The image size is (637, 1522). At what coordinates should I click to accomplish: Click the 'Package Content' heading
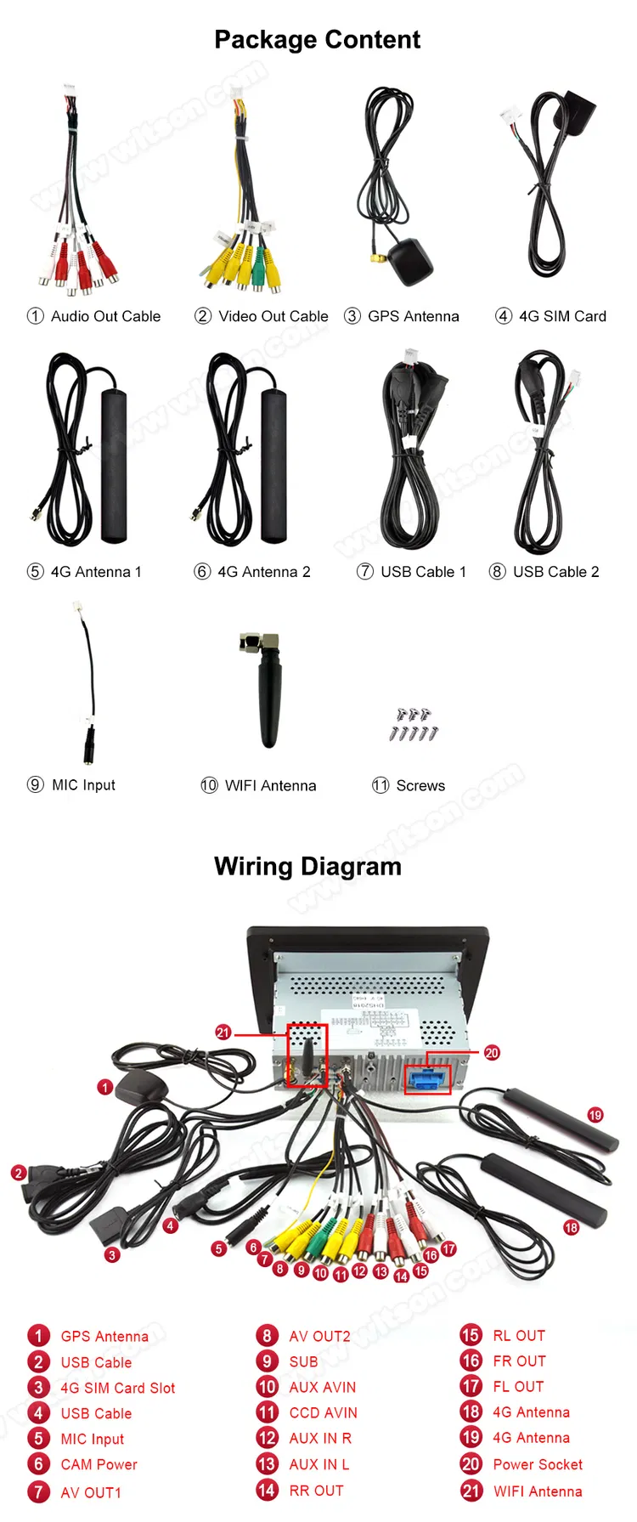[317, 40]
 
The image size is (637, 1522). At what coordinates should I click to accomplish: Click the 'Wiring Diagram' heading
[307, 866]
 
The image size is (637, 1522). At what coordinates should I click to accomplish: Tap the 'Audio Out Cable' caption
[105, 316]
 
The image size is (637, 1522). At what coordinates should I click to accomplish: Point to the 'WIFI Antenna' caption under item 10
[270, 786]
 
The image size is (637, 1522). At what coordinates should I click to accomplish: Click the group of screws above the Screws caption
[414, 723]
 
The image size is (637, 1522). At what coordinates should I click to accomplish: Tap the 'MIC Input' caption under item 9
[83, 785]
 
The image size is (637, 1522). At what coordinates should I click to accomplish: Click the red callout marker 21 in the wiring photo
[223, 1033]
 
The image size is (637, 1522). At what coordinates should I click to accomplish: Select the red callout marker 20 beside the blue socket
[492, 1052]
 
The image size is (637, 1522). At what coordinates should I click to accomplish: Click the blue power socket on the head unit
[427, 1080]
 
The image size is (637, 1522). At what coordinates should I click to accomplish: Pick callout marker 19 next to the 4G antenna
[595, 1115]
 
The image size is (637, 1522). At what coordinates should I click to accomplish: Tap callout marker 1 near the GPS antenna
[105, 1087]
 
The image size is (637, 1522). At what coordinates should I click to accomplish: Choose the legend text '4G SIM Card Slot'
[118, 1388]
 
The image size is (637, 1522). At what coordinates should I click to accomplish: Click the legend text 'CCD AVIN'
[323, 1412]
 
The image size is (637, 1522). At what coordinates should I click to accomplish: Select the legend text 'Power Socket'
[538, 1464]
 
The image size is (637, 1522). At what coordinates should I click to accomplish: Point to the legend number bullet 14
[267, 1490]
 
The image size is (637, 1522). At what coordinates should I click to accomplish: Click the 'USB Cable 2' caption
[555, 572]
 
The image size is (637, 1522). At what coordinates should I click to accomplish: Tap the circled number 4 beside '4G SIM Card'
[504, 316]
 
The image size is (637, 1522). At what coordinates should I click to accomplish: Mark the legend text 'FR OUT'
[519, 1361]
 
